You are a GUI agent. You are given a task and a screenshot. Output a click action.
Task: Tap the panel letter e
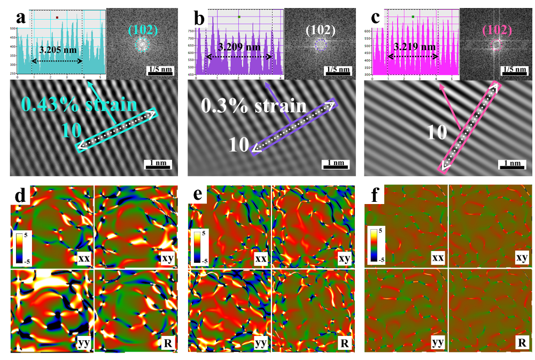click(x=197, y=195)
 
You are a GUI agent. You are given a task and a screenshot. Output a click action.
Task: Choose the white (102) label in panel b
click(x=320, y=30)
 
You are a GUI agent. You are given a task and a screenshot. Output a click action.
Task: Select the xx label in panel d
click(x=83, y=258)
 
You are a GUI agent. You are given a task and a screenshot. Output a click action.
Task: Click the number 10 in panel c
click(x=437, y=131)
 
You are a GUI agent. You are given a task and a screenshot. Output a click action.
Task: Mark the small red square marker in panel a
click(x=56, y=18)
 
